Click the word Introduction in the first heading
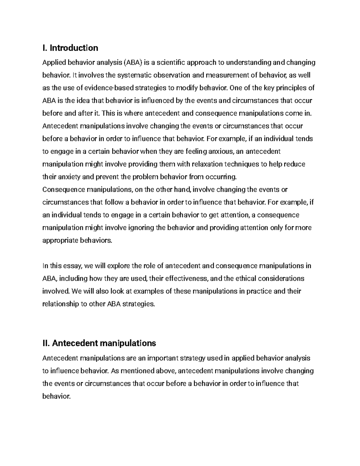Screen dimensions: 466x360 pos(74,48)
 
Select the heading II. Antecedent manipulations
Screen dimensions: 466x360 pos(99,343)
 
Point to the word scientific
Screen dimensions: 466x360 pos(171,62)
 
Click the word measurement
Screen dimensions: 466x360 pos(229,75)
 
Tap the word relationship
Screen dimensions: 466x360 pos(60,304)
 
